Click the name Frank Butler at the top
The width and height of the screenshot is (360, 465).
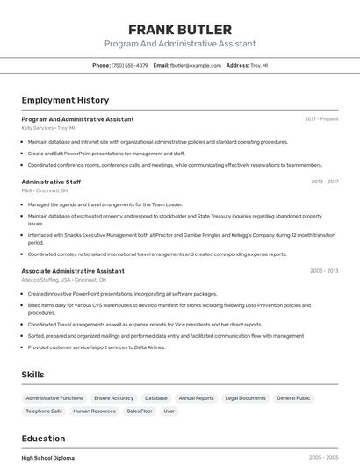(x=180, y=30)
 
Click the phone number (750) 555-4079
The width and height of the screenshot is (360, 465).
(x=131, y=65)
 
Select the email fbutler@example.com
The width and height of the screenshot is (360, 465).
(x=196, y=65)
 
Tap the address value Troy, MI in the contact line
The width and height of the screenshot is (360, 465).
(x=259, y=65)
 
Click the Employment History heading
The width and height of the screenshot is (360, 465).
(x=65, y=100)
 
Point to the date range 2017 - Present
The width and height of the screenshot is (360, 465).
(x=321, y=118)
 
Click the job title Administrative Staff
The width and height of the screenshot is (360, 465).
(x=51, y=182)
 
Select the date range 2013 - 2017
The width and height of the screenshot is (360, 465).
(x=324, y=182)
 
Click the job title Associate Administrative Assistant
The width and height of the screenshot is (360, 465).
(x=73, y=271)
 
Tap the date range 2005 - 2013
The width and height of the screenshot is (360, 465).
(x=324, y=271)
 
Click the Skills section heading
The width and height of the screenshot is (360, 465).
(x=32, y=375)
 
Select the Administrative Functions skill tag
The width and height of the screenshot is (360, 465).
(x=54, y=398)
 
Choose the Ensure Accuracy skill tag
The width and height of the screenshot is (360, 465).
(x=114, y=398)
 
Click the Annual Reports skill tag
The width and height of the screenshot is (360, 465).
(x=196, y=398)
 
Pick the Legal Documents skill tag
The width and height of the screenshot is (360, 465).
(x=245, y=398)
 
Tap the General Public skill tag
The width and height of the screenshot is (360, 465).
(x=293, y=398)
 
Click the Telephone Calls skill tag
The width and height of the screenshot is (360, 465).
(x=44, y=411)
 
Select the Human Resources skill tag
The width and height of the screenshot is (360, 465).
(x=95, y=411)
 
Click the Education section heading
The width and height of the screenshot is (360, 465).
(x=43, y=439)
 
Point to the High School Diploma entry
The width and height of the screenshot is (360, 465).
(x=48, y=458)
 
